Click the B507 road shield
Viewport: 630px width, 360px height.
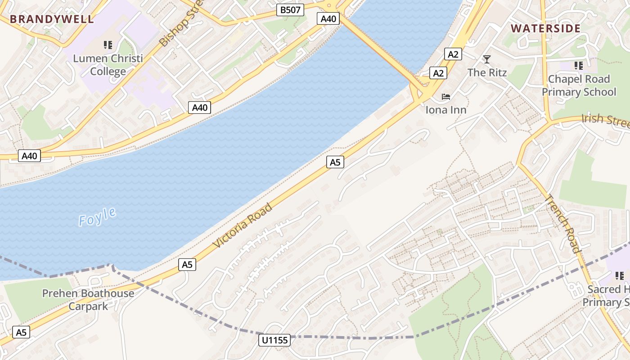[290, 10]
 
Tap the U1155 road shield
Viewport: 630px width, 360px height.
[274, 340]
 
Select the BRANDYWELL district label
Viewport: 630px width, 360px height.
[52, 19]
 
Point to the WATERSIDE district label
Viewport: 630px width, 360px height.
[545, 28]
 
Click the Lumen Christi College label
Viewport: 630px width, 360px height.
[108, 65]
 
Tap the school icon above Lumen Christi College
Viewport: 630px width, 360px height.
[108, 45]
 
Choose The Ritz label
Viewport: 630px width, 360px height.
[487, 72]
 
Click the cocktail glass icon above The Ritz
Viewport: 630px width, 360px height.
[486, 59]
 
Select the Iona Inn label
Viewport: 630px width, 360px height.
[446, 110]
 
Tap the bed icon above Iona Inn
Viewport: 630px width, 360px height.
[446, 96]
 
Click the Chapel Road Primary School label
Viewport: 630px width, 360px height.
[579, 85]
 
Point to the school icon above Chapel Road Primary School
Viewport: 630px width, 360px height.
[579, 66]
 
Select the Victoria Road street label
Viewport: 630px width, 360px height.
[243, 225]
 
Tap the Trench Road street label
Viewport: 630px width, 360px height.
[563, 224]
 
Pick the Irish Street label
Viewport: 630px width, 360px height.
[605, 120]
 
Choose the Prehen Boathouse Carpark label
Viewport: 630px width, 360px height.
[88, 300]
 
